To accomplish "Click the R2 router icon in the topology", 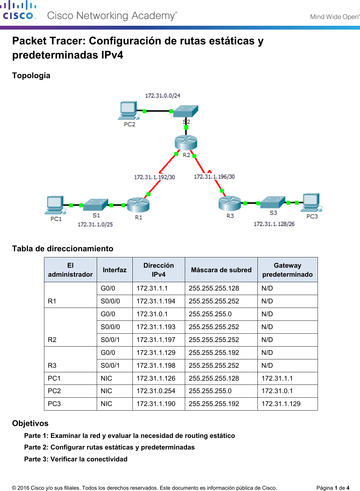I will [186, 142].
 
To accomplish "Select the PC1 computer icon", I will [55, 205].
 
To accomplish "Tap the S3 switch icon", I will [272, 202].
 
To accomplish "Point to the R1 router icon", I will [138, 205].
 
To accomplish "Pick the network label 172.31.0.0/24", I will [163, 96].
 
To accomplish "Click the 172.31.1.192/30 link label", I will [154, 177].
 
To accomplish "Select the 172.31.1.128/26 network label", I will [274, 224].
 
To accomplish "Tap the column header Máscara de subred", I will [221, 270].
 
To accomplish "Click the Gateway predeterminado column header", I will [287, 270].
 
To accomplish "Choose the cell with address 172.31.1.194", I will [156, 301].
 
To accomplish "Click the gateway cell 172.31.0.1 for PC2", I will [277, 391].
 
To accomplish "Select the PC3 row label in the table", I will [54, 404].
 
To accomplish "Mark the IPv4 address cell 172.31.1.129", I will [156, 353].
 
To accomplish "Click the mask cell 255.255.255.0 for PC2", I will [210, 391].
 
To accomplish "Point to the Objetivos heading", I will [30, 423].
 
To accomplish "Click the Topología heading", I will [31, 76].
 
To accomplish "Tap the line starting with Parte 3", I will [76, 459].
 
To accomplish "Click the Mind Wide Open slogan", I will [334, 17].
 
